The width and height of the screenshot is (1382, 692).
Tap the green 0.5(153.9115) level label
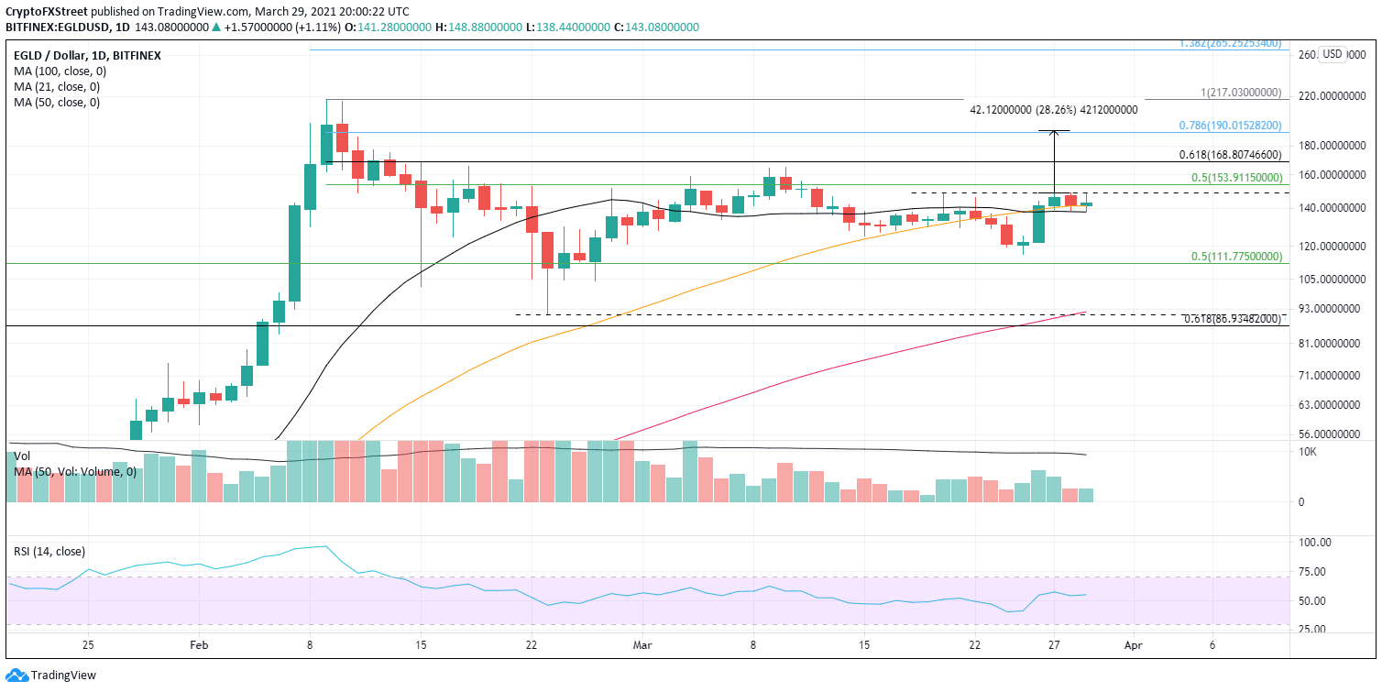1227,177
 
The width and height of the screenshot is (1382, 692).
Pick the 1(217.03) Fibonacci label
1240,93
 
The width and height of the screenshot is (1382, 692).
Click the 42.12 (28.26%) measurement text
1053,109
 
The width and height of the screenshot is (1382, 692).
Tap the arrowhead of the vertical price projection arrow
1054,133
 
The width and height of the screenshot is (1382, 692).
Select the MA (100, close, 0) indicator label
57,71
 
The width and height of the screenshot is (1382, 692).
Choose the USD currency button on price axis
1332,54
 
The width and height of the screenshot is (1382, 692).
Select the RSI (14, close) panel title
50,552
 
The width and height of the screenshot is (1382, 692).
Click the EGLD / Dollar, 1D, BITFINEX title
87,55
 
